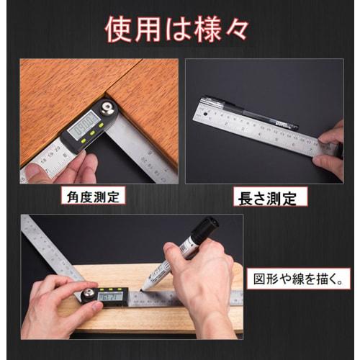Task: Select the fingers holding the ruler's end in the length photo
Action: point(330,151)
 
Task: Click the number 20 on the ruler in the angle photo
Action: point(57,150)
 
